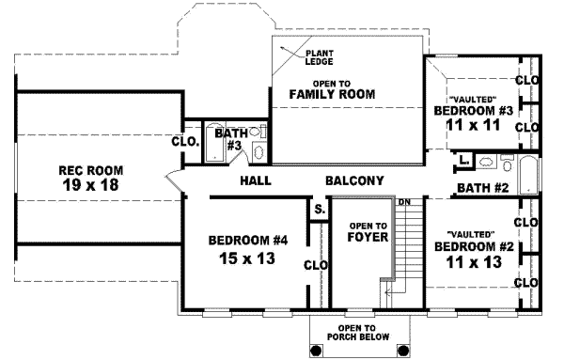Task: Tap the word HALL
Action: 257,180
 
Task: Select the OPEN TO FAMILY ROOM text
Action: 332,89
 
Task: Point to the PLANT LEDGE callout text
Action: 317,56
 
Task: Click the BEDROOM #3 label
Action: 473,111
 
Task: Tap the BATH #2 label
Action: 482,188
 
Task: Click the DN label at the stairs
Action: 404,202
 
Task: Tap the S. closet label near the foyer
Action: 320,209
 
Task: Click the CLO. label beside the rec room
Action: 184,143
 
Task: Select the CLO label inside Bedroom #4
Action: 316,265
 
